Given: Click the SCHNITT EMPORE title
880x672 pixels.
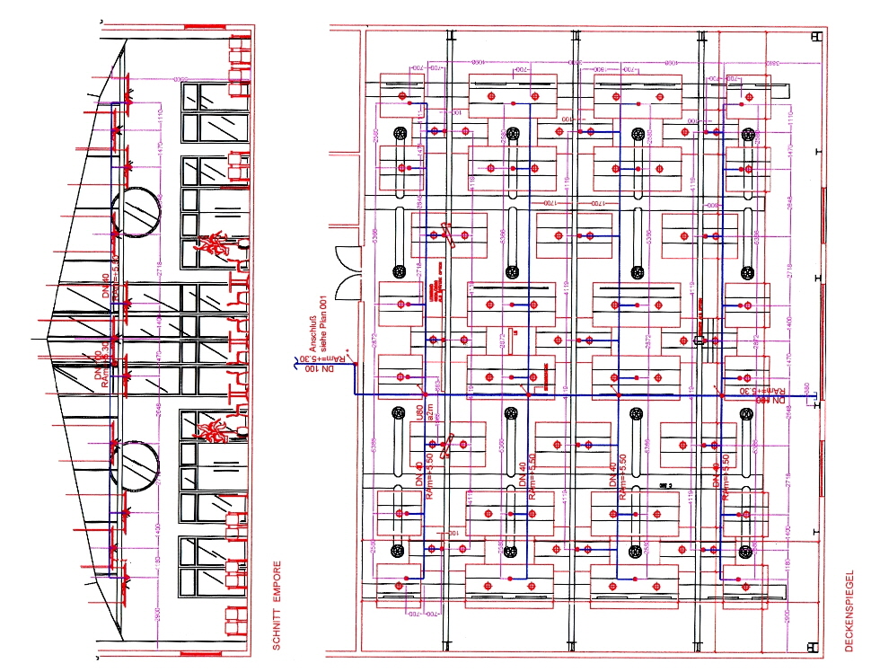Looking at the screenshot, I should point(277,606).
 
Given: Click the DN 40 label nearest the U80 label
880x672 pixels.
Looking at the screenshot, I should point(418,473).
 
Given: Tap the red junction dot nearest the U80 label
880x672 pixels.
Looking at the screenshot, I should point(424,394).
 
